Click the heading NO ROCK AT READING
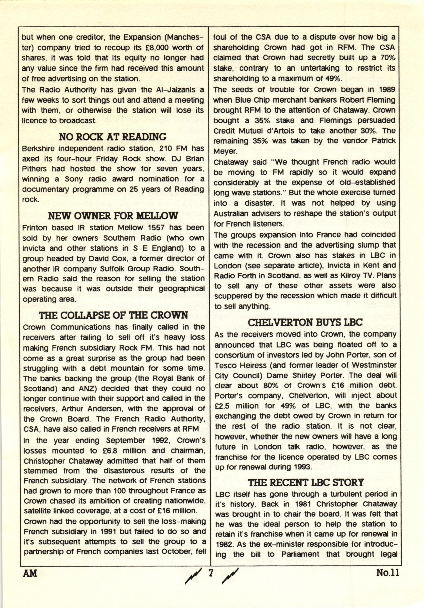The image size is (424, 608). click(113, 137)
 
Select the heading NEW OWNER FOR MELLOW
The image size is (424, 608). click(113, 216)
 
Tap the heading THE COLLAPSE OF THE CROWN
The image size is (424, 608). click(113, 315)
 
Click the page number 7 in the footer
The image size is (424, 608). click(211, 573)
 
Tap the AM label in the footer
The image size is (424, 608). click(30, 573)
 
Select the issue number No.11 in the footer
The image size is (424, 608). click(387, 573)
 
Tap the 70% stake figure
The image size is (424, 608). click(387, 58)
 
